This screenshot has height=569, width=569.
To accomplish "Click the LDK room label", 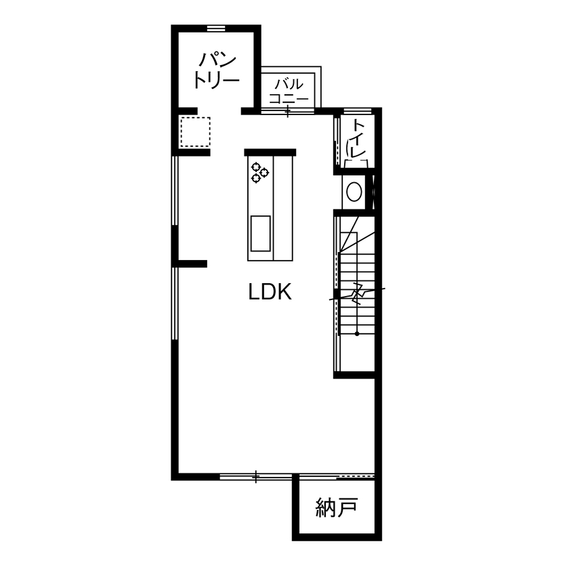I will (270, 292).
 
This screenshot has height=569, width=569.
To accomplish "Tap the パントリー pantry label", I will (216, 70).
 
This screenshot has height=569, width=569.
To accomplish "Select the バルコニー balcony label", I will (289, 91).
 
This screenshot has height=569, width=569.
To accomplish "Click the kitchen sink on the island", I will (261, 232).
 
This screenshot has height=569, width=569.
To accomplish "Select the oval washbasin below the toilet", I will (354, 192).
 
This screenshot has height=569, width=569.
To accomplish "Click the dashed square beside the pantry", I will (195, 131).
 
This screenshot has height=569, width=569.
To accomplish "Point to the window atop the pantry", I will (215, 28).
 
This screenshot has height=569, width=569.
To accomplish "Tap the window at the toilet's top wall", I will (357, 110).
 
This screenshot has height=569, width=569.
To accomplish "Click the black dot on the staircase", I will (357, 333).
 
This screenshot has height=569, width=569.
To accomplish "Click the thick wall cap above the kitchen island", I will (270, 152).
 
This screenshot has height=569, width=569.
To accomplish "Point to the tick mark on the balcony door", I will (288, 112).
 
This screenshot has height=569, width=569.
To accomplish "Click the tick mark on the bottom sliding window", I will (255, 477).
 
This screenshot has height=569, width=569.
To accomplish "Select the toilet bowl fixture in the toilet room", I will (356, 161).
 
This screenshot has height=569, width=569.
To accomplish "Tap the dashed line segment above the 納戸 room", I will (356, 475).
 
